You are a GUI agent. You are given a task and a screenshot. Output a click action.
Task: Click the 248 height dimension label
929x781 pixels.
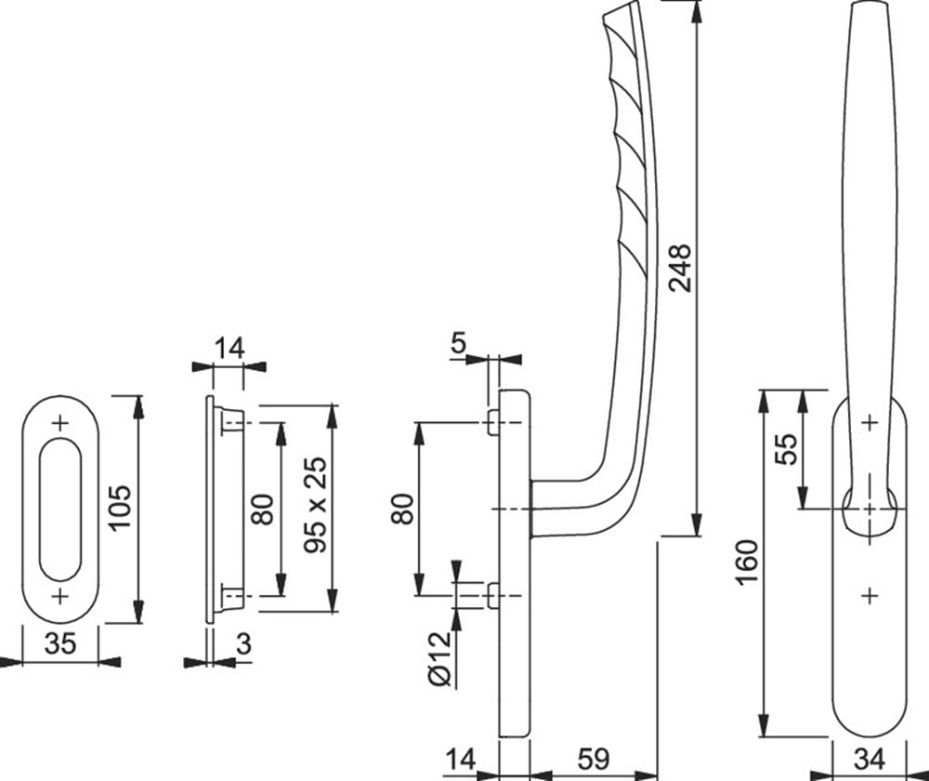click(x=680, y=267)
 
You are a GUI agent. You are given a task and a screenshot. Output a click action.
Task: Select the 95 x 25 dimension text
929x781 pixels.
click(x=317, y=506)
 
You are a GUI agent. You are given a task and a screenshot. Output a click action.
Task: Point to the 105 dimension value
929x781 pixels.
click(x=124, y=507)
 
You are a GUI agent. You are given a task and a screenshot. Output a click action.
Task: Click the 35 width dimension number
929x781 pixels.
click(x=60, y=644)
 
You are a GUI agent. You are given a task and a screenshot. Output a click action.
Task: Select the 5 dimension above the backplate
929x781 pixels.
click(x=458, y=343)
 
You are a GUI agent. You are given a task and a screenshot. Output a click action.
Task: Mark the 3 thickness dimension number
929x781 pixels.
click(x=243, y=644)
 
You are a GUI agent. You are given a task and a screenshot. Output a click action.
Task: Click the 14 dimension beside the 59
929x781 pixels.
click(x=459, y=761)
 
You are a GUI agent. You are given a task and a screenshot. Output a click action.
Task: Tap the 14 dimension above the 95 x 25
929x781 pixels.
click(x=229, y=349)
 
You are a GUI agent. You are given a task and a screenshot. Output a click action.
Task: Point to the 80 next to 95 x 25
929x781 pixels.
click(x=264, y=509)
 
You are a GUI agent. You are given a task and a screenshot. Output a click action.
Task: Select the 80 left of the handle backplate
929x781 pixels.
click(x=401, y=509)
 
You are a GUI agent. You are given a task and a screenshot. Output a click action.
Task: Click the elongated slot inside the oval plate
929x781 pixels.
click(x=61, y=509)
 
